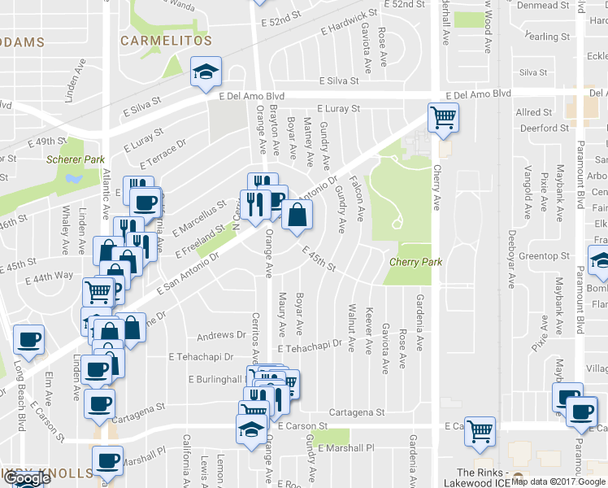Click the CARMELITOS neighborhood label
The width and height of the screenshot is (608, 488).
(166, 40)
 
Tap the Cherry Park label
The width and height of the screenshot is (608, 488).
(415, 262)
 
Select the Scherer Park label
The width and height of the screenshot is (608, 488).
(71, 159)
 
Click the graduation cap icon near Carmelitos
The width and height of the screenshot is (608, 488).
(206, 72)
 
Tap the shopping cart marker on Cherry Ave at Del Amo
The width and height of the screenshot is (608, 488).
(443, 117)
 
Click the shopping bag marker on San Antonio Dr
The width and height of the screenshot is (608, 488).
(297, 216)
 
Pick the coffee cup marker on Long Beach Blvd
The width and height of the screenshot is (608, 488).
(29, 339)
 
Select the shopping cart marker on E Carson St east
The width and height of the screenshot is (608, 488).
(480, 430)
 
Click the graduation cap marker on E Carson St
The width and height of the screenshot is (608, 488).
(251, 429)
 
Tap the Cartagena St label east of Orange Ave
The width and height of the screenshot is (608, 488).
(357, 412)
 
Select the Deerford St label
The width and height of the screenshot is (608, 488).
(544, 128)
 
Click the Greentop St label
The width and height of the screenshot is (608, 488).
(544, 256)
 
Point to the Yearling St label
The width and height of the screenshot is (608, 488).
(547, 37)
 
